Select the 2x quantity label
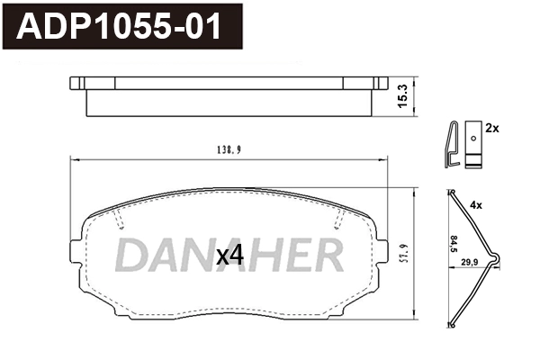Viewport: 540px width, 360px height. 491,130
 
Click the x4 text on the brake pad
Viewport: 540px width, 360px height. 230,256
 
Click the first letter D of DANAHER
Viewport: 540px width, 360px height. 130,256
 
